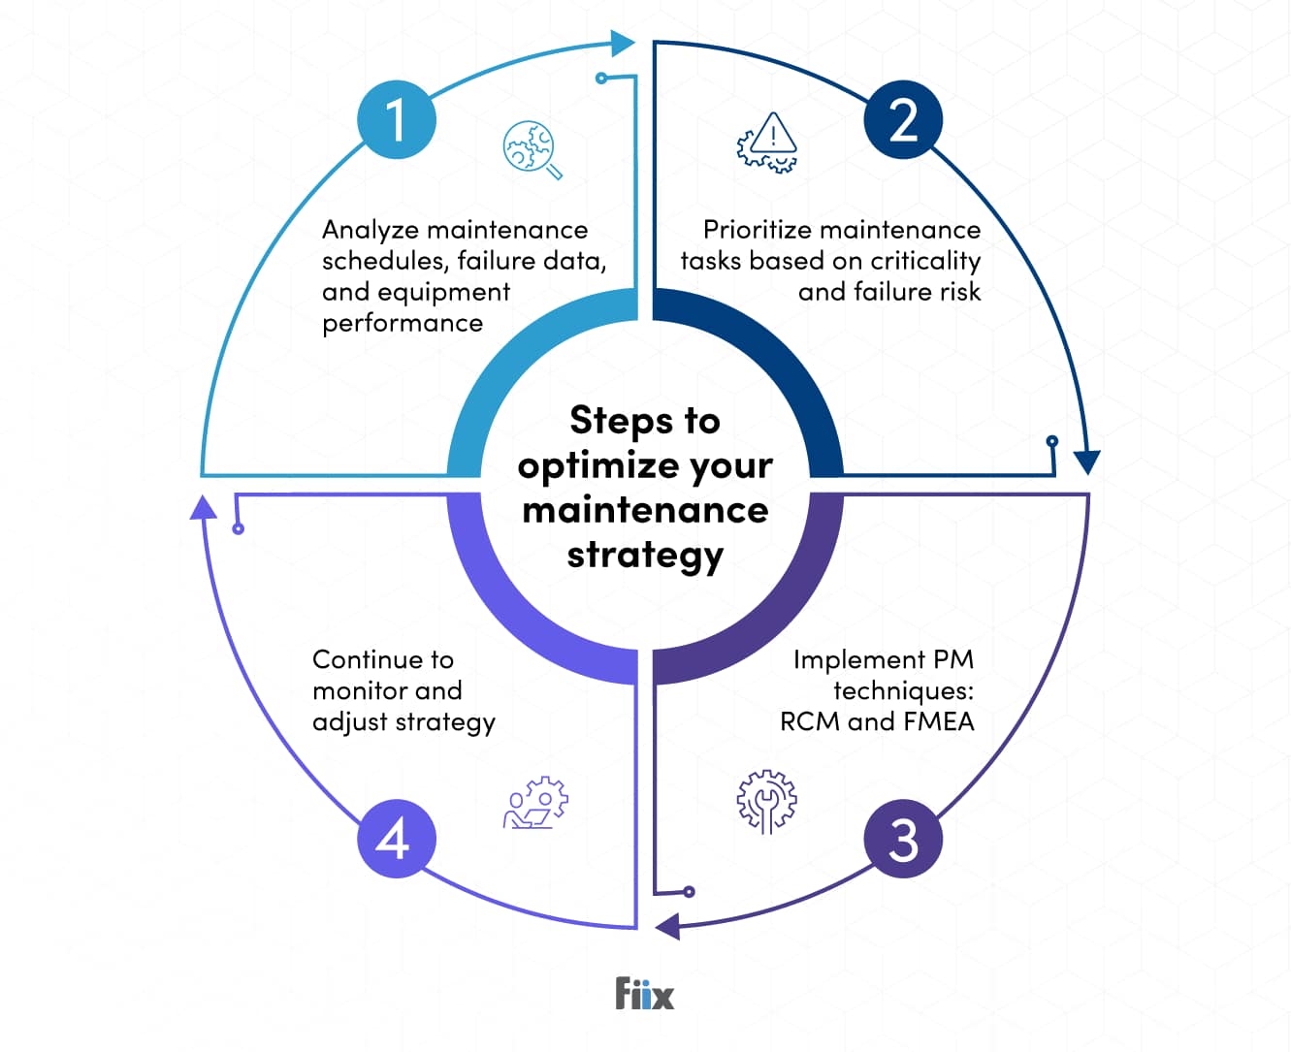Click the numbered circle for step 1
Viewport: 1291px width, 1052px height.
tap(397, 120)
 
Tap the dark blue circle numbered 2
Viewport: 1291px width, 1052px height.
tap(903, 120)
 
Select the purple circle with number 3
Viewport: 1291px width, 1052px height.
tap(903, 839)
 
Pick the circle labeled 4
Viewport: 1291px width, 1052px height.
tap(397, 839)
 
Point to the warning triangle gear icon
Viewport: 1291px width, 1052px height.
tap(767, 143)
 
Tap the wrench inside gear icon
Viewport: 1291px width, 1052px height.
tap(766, 802)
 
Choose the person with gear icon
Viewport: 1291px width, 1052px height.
tap(535, 803)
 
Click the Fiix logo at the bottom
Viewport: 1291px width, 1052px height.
tap(644, 994)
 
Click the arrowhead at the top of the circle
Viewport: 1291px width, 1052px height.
tap(622, 44)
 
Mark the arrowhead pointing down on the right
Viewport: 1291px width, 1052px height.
tap(1087, 462)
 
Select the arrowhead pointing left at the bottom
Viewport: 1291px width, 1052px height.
tap(667, 926)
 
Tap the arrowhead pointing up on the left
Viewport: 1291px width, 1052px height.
tap(203, 506)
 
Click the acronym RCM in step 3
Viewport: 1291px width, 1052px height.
tap(810, 721)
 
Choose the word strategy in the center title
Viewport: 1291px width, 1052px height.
tap(645, 556)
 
